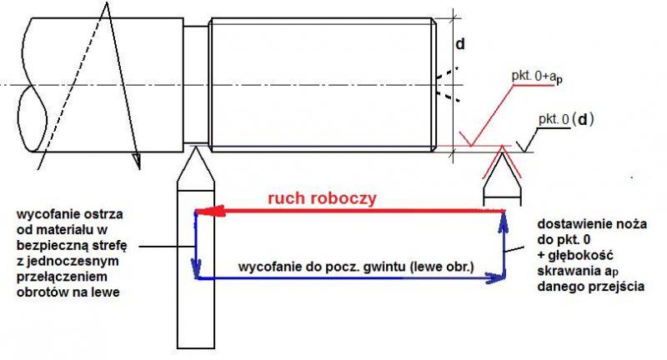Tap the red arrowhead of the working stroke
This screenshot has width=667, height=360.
click(204, 212)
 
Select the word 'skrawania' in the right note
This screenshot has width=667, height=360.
click(570, 271)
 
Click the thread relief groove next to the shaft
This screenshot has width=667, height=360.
click(196, 83)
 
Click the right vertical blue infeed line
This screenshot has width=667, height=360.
click(505, 246)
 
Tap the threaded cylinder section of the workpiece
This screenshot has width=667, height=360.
click(321, 83)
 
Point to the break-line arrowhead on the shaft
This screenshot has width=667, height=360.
click(137, 157)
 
